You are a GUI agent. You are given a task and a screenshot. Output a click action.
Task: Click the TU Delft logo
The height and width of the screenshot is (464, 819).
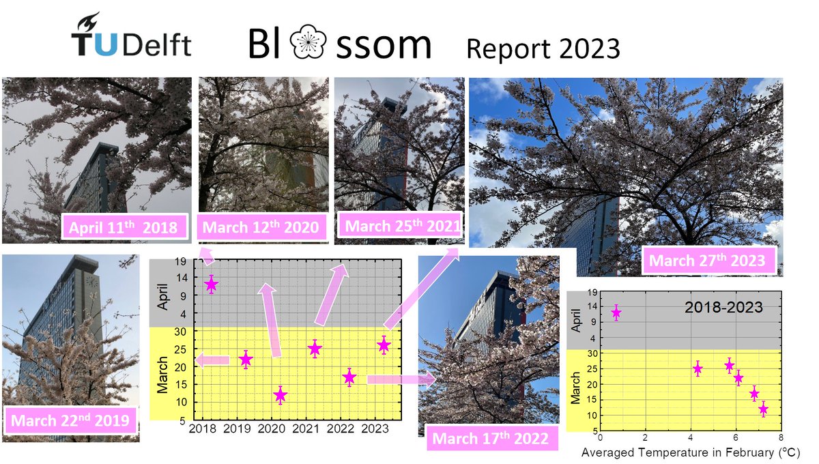pos(131,37)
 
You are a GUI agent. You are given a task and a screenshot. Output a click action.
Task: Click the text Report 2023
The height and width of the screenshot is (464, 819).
pos(543,48)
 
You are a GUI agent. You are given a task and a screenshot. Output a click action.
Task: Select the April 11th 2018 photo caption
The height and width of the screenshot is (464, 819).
pos(125,227)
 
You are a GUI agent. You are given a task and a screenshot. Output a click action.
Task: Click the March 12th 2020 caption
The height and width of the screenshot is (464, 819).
pos(261,227)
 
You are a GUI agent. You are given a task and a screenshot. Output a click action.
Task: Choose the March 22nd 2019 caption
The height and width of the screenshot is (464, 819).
pos(70,420)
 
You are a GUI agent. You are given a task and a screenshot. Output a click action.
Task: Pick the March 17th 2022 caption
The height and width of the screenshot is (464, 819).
pos(490,437)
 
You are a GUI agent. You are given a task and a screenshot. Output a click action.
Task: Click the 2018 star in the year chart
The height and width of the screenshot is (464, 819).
pos(212,284)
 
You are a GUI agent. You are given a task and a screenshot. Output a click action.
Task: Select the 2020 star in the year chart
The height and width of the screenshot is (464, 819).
pos(280,395)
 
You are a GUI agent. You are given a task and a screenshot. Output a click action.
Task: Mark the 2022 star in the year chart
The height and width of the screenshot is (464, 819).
pos(349,377)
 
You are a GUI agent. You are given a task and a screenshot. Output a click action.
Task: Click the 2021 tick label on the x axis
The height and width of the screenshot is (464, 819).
pos(305,429)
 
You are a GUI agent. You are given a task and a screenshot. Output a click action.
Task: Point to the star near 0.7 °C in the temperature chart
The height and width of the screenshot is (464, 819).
pos(616,313)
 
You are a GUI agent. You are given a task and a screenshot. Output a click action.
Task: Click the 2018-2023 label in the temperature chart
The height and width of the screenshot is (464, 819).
pos(723,308)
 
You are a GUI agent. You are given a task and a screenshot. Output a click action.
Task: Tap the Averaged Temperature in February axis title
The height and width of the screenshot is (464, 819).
pos(691,452)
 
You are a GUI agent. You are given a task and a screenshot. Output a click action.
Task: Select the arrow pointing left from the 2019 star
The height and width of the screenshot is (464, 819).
pos(212,360)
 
